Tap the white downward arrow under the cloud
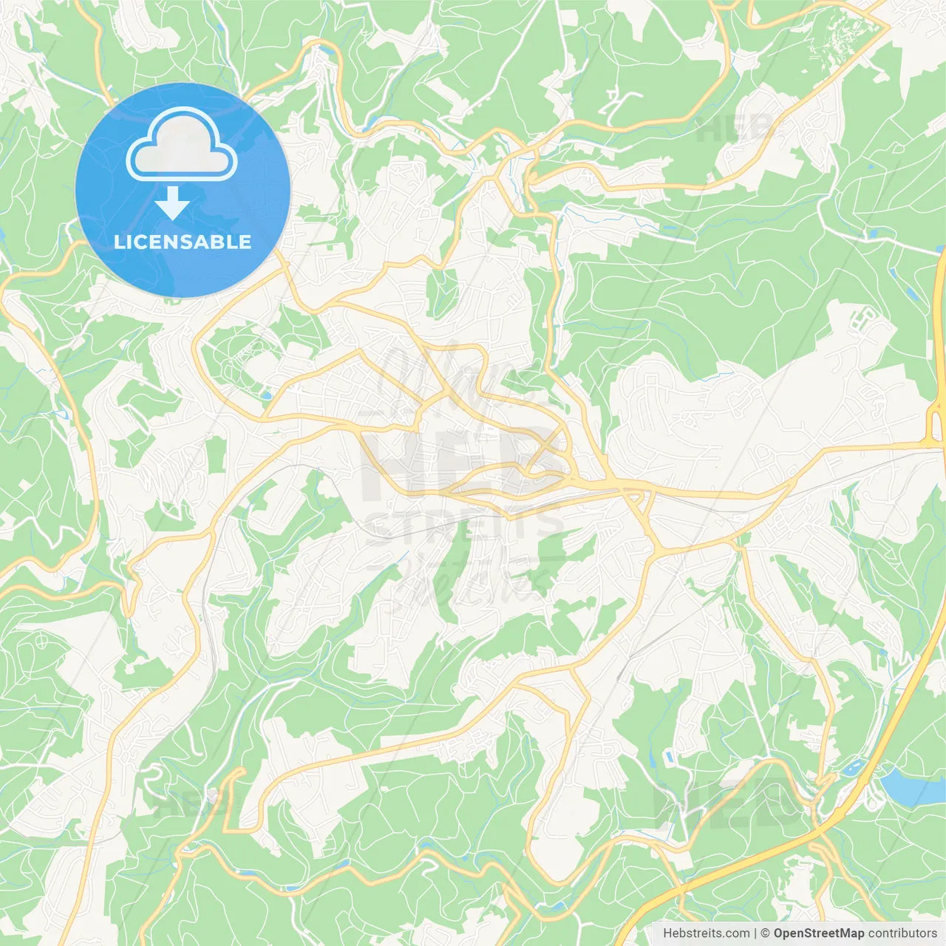click(172, 203)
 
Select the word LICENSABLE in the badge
click(183, 242)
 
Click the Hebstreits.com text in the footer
click(706, 933)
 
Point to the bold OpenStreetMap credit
click(819, 933)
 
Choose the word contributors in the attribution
click(902, 933)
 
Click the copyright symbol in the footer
click(766, 933)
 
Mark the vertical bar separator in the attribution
click(755, 933)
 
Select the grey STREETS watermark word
click(464, 525)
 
